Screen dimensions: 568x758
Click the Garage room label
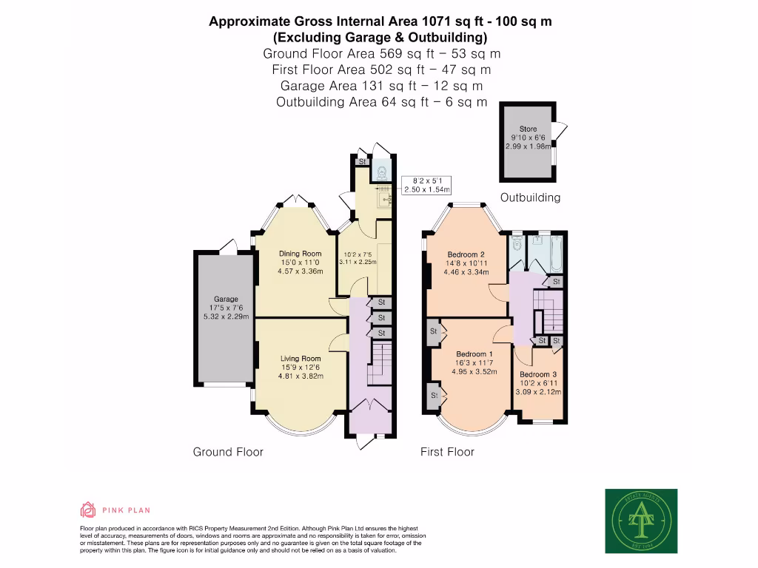tap(227, 300)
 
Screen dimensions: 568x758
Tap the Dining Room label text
tap(300, 254)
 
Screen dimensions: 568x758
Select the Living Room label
tap(300, 359)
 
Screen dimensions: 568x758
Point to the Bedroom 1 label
tap(475, 354)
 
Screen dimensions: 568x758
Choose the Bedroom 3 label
tap(538, 374)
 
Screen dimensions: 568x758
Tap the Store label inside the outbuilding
tap(528, 129)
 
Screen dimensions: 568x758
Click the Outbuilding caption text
tap(530, 197)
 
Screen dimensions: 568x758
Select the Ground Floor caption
tap(228, 452)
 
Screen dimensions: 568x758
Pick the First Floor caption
tap(447, 452)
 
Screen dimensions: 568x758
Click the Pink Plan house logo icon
tap(88, 510)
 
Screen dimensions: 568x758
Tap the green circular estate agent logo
tap(641, 521)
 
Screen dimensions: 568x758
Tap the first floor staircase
tap(549, 311)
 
